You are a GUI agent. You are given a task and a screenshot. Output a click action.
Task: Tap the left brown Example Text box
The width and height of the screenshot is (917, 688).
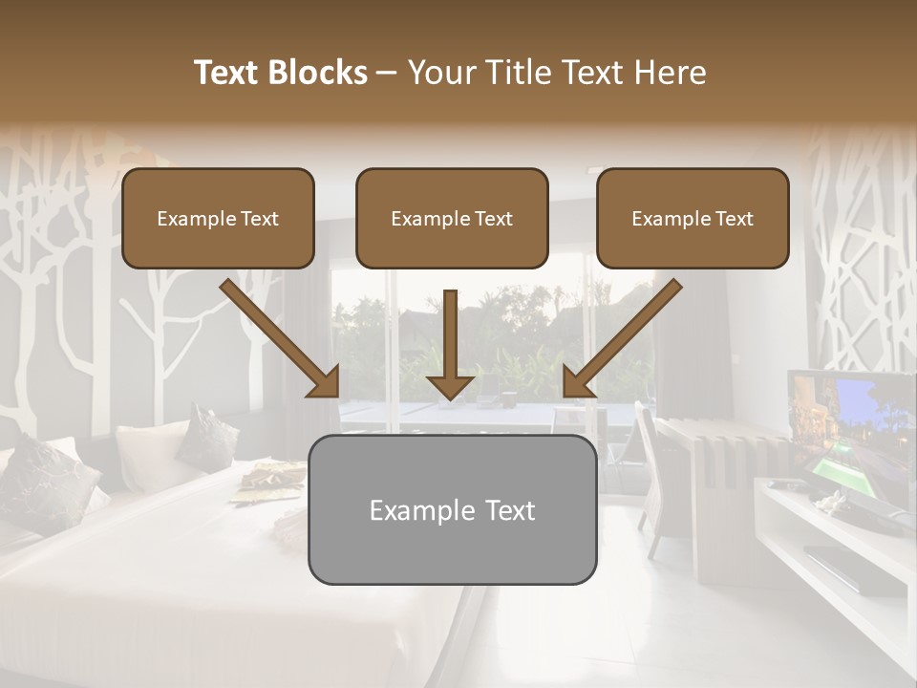(218, 219)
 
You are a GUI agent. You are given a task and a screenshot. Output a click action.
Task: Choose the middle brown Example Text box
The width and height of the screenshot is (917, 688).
(452, 219)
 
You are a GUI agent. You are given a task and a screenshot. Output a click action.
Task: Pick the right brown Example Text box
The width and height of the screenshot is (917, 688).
(693, 219)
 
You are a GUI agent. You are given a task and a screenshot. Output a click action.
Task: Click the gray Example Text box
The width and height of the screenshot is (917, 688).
(452, 509)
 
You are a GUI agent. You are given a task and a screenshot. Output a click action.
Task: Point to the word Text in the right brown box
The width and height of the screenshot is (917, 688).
(734, 219)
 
